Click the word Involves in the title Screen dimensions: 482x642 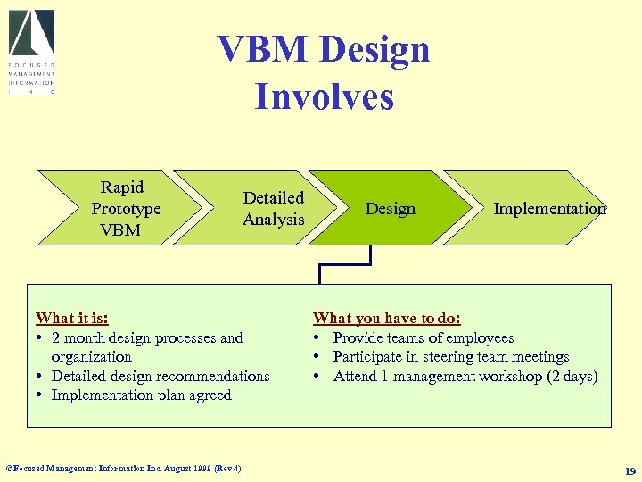tap(324, 96)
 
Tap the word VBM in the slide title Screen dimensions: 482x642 tap(265, 50)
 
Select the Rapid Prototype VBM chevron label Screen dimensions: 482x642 tap(125, 209)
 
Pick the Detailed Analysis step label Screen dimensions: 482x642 tap(274, 209)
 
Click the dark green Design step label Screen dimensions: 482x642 tap(391, 209)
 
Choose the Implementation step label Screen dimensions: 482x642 tap(549, 209)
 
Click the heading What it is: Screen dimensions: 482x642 tap(72, 319)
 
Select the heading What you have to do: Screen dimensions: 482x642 tap(387, 319)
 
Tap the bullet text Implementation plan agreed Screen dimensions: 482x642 tap(141, 395)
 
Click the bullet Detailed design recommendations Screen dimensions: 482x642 tap(160, 377)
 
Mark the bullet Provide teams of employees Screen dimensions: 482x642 tap(423, 338)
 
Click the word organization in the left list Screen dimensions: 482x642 tap(91, 357)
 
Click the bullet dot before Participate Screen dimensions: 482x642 tap(317, 357)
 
